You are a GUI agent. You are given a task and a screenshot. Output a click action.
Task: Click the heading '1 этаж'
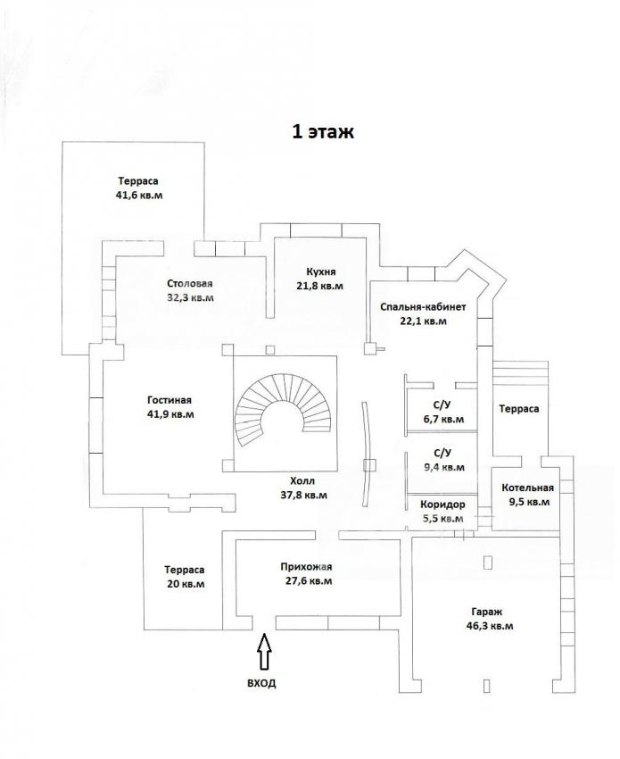click(x=323, y=131)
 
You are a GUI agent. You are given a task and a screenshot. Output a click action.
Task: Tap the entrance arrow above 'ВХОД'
click(x=263, y=652)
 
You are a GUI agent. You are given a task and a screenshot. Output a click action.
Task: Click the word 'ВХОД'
click(x=261, y=683)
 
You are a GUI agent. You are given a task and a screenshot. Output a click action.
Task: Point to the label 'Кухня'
click(x=320, y=271)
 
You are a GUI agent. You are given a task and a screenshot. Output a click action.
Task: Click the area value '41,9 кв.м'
click(x=170, y=414)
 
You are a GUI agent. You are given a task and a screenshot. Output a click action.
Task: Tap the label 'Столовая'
click(x=190, y=283)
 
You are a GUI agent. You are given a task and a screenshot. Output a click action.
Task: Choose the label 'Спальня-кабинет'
click(x=423, y=307)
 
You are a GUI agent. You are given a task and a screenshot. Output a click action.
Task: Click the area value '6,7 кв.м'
click(x=443, y=419)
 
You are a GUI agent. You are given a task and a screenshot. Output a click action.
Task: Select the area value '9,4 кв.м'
click(x=444, y=468)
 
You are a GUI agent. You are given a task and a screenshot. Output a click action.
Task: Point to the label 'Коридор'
click(x=442, y=505)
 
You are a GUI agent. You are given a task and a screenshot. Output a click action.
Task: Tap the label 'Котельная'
click(x=527, y=488)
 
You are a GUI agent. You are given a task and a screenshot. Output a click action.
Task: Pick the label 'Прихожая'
click(x=306, y=567)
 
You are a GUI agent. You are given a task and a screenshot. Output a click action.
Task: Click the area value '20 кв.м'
click(x=186, y=584)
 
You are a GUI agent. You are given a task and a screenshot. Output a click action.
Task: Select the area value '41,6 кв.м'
click(x=139, y=196)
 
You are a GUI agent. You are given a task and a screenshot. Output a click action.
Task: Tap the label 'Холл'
click(x=302, y=481)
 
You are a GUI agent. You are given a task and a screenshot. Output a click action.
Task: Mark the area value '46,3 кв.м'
click(x=490, y=626)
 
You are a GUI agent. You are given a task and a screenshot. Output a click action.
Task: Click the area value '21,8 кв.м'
click(x=319, y=286)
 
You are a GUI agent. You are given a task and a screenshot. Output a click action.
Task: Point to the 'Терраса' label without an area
click(x=519, y=409)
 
